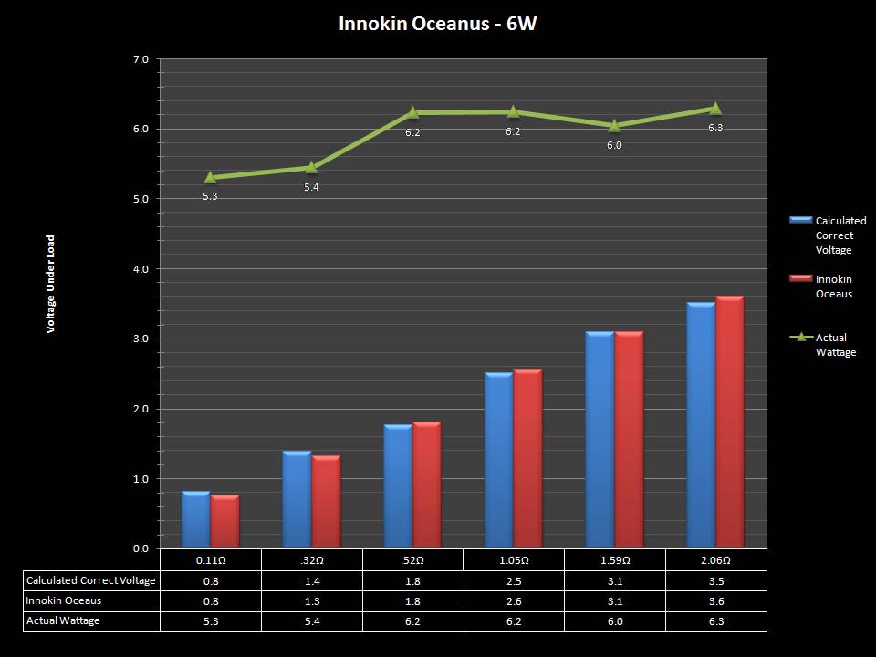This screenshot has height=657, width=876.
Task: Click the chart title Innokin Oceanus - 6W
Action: pos(437,24)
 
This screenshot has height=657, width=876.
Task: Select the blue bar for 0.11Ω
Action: pos(195,520)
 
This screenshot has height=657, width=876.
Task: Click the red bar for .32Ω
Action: pos(326,502)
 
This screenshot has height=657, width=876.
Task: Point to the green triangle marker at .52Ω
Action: pos(412,112)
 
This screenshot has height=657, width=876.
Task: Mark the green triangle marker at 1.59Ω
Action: pos(614,125)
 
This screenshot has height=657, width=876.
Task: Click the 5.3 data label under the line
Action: pos(210,196)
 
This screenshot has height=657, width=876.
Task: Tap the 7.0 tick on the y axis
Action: pos(141,59)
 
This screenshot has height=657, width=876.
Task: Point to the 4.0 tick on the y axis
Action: pos(141,269)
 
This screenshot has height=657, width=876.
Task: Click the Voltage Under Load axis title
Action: pos(51,284)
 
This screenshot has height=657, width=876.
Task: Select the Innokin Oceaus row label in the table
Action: pos(65,600)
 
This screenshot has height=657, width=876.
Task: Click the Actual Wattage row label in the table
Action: pos(63,620)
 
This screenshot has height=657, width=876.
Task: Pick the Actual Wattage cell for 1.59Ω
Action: pos(614,620)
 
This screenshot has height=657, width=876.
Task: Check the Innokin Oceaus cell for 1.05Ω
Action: pos(513,600)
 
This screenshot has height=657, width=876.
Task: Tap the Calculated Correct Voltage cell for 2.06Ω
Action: pos(715,580)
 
